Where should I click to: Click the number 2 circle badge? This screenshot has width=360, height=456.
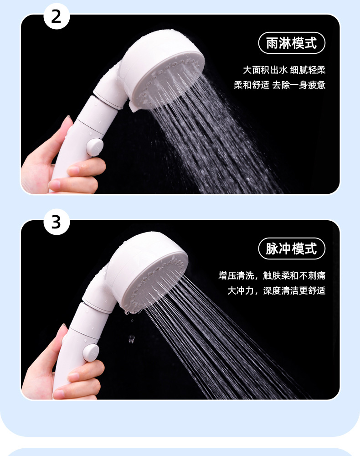coord(57,16)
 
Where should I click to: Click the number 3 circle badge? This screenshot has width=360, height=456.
coord(57,222)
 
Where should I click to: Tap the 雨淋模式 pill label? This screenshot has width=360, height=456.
coord(292,43)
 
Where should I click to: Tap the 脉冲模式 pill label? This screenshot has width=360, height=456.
coord(292,249)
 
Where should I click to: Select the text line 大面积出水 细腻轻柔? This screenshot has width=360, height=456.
coord(284,70)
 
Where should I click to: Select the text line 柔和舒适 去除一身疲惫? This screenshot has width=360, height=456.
coord(279,85)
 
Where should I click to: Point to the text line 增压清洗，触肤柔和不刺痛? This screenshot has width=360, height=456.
coord(272,275)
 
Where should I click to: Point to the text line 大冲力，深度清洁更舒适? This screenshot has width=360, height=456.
coord(276,290)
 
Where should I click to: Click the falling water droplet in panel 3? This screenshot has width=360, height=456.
coord(131,339)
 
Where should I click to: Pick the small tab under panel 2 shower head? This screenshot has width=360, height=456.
coord(134,107)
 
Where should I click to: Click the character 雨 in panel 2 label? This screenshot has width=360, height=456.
coord(272,43)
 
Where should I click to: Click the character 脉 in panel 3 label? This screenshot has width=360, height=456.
coord(272,249)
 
